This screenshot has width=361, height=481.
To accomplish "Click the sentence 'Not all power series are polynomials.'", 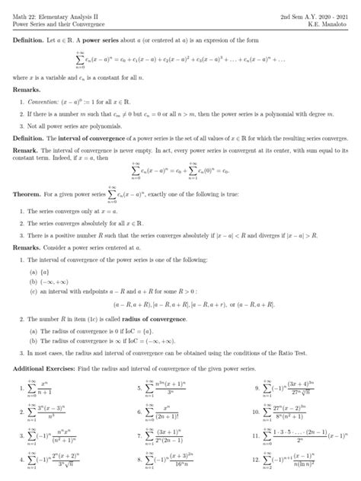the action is point(78,125).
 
